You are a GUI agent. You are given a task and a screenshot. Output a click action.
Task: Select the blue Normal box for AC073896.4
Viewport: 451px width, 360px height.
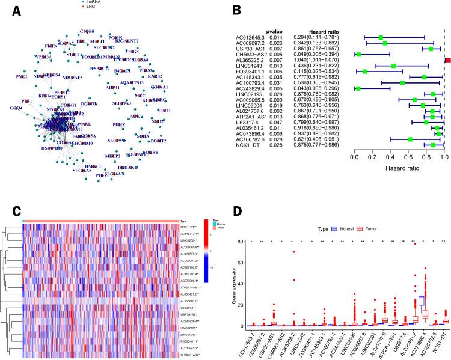coord(422,304)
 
